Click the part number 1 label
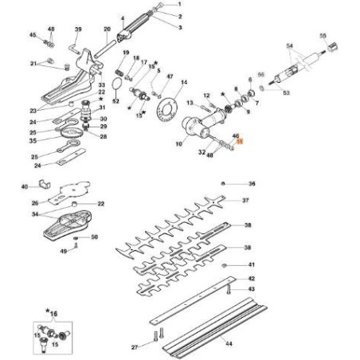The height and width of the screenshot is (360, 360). tap(180, 5)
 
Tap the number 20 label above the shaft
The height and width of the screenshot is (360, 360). tap(107, 29)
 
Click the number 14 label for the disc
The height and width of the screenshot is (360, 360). tap(184, 82)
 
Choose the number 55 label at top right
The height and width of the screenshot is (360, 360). tap(323, 36)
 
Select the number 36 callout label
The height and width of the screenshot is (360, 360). tap(252, 184)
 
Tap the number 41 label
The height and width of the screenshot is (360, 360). tap(252, 264)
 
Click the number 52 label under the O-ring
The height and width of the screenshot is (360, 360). tap(116, 101)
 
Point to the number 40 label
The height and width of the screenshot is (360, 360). tap(25, 187)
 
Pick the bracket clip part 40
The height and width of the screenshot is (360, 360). tap(46, 188)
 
